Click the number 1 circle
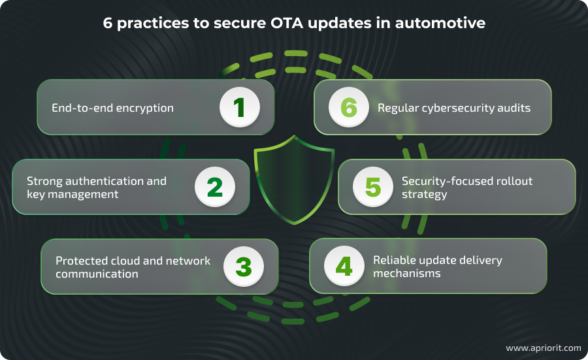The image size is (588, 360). [240, 108]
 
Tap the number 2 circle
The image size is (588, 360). [215, 187]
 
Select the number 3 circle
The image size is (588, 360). [243, 267]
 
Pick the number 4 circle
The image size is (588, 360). [344, 267]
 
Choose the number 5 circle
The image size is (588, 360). [372, 187]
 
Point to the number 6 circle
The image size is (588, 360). [348, 108]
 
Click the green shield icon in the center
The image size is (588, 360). [294, 180]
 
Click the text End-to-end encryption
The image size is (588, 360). [113, 108]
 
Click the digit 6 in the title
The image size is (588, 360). [107, 23]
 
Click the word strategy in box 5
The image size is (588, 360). [424, 194]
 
